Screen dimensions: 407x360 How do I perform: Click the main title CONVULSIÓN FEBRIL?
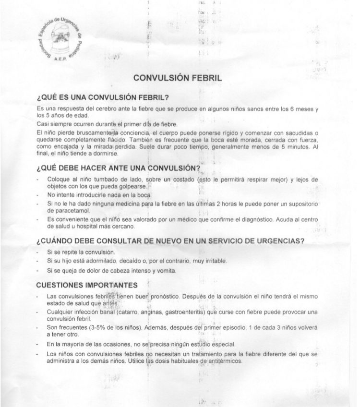pos(178,78)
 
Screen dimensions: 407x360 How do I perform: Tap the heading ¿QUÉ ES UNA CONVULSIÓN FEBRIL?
pos(102,99)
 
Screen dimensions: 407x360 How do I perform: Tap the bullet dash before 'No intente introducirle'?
pos(38,195)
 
